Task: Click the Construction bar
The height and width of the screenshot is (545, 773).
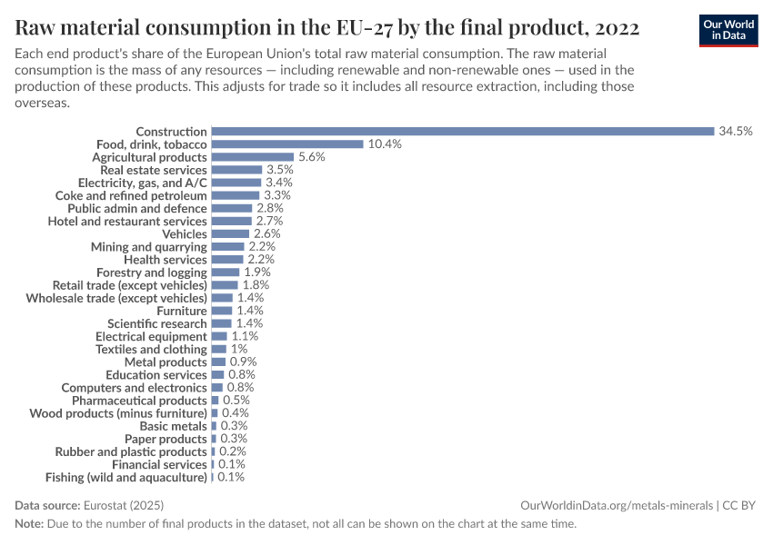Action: coord(462,132)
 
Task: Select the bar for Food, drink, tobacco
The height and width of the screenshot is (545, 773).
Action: coord(286,144)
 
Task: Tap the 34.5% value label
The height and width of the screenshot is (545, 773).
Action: coord(736,132)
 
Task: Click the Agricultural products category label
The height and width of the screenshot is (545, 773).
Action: coord(150,157)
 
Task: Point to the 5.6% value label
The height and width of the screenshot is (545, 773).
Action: coord(311,157)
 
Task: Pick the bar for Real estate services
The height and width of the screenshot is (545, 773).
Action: coord(236,170)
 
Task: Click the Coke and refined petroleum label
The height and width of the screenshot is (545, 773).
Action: coord(131,195)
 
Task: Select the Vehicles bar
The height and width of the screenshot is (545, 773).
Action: coord(230,234)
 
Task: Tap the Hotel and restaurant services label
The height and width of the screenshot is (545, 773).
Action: coord(127,221)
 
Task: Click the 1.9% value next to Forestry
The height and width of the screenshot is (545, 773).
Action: coord(256,272)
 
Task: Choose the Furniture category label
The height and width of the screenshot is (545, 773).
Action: coord(182,311)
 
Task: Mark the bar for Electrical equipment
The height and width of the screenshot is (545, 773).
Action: coord(219,336)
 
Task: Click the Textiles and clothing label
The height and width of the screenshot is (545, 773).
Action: coord(151,349)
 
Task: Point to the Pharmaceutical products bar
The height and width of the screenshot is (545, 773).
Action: coord(215,401)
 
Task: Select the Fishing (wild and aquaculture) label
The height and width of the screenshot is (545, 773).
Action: coord(126,477)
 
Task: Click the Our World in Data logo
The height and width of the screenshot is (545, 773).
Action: coord(728,30)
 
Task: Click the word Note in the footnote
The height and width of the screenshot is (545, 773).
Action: coord(29,524)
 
